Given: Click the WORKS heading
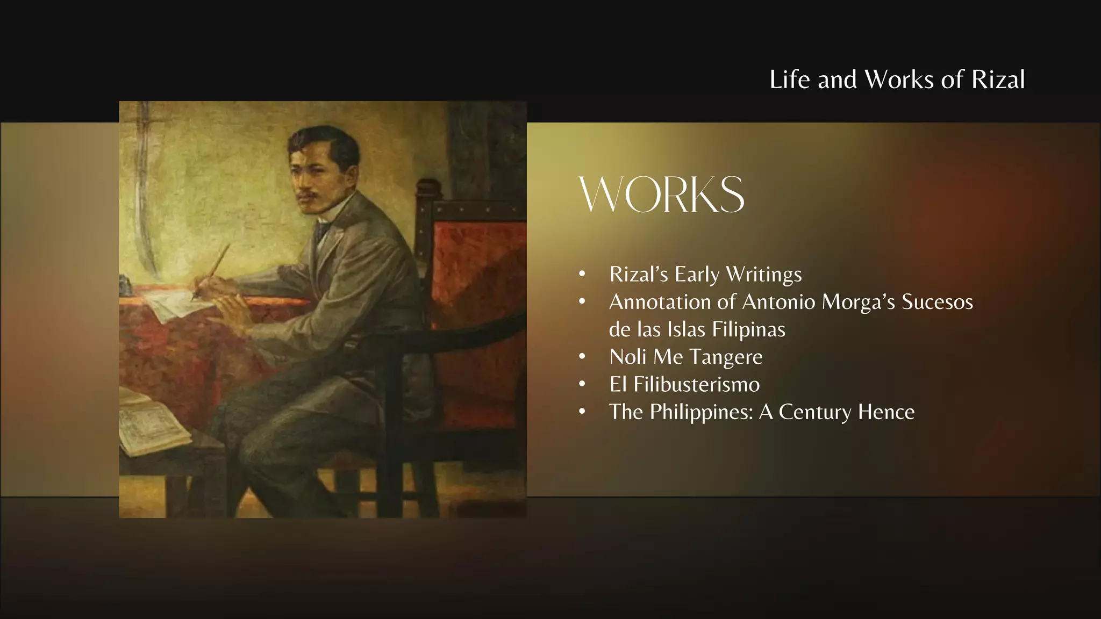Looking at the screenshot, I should point(662,194).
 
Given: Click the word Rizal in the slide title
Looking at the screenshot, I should point(998,80).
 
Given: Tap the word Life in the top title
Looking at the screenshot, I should point(790,80).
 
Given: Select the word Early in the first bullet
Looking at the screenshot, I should point(697,275).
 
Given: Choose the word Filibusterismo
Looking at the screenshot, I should point(697,384).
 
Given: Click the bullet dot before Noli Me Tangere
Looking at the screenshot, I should point(582,357).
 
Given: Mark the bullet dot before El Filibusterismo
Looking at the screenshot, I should point(582,384).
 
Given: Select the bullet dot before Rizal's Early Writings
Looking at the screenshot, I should point(582,275).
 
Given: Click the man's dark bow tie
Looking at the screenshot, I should point(323,231).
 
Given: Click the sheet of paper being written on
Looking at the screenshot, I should point(172,306).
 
